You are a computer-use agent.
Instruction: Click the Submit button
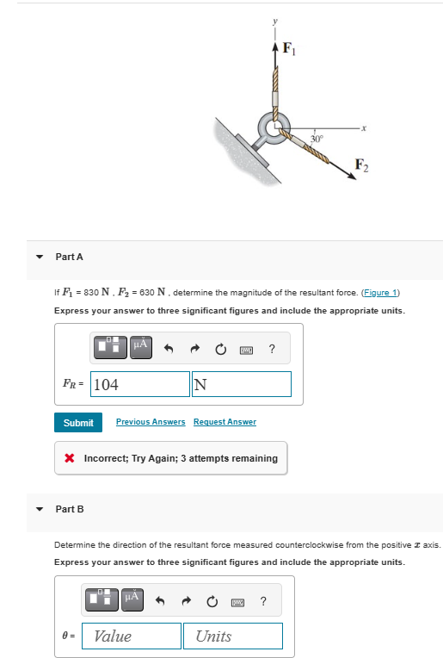(78, 422)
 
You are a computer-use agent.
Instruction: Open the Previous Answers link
(151, 422)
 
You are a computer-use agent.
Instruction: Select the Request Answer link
(225, 422)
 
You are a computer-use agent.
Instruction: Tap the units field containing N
(242, 384)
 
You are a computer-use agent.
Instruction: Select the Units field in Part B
(232, 636)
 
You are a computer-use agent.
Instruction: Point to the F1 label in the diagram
(290, 49)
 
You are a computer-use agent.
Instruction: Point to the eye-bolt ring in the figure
(276, 130)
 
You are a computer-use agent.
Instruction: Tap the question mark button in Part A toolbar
(272, 348)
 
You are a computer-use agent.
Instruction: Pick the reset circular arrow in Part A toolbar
(221, 348)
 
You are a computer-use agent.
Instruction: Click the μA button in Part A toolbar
(141, 346)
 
